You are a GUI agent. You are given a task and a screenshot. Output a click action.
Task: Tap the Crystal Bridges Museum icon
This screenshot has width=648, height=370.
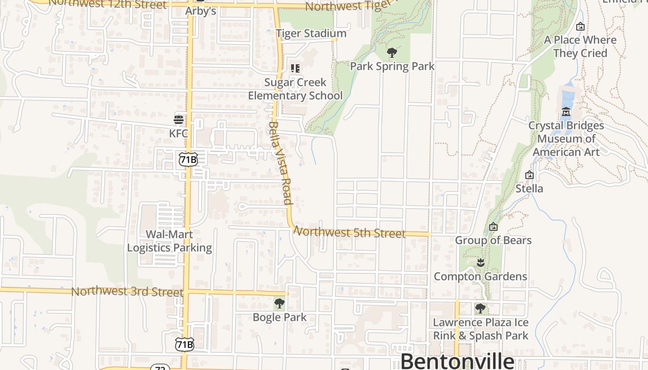566,111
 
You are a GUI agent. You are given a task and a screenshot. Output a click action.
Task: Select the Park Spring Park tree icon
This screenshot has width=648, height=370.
392,53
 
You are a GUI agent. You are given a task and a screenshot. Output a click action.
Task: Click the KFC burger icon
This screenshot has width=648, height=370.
179,120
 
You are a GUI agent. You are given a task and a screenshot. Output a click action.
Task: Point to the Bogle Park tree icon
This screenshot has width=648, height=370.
279,303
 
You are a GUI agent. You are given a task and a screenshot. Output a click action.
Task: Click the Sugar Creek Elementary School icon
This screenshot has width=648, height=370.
295,69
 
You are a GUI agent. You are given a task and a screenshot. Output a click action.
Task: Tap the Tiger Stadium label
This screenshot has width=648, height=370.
311,33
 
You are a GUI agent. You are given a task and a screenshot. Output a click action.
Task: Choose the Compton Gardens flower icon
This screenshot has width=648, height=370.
480,263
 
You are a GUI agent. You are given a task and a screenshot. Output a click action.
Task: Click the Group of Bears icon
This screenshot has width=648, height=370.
493,227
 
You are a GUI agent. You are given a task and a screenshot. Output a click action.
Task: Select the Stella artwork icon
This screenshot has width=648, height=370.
530,175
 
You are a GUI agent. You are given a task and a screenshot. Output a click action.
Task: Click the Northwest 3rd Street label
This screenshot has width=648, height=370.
127,292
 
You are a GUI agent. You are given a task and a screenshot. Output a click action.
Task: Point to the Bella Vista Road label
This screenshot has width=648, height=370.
280,163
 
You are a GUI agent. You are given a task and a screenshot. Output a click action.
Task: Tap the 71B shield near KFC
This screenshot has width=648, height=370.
188,159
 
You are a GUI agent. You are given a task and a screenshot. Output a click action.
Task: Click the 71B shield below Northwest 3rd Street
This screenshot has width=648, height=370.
184,345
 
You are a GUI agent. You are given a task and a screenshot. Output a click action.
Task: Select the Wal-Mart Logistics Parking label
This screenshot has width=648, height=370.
169,241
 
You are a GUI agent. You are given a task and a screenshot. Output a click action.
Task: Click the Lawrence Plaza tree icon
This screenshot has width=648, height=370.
480,308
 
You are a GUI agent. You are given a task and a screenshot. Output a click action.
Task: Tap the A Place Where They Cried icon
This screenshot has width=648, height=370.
580,27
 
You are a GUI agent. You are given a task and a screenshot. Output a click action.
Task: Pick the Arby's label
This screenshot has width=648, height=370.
201,11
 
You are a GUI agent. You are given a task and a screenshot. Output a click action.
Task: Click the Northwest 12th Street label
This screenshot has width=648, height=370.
107,4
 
